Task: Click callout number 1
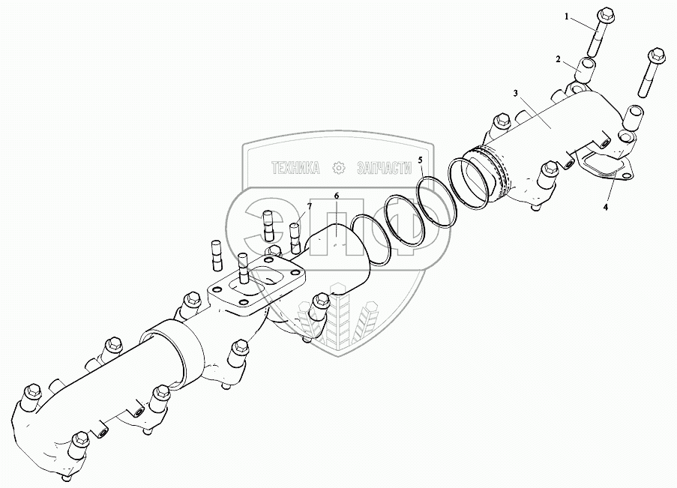pos(567,16)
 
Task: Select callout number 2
pos(559,59)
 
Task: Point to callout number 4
pos(605,208)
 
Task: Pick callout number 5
pos(420,160)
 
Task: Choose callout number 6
pos(337,196)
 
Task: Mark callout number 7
pos(309,205)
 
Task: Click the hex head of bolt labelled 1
pos(607,15)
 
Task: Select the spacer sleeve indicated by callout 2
pos(586,69)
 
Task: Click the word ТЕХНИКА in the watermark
pos(295,168)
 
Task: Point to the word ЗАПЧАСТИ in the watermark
pos(385,168)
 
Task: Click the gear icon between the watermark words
pos(339,168)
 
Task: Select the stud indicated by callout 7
pos(295,238)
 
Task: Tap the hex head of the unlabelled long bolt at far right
pos(656,55)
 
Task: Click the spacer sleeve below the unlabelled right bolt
pos(634,117)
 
